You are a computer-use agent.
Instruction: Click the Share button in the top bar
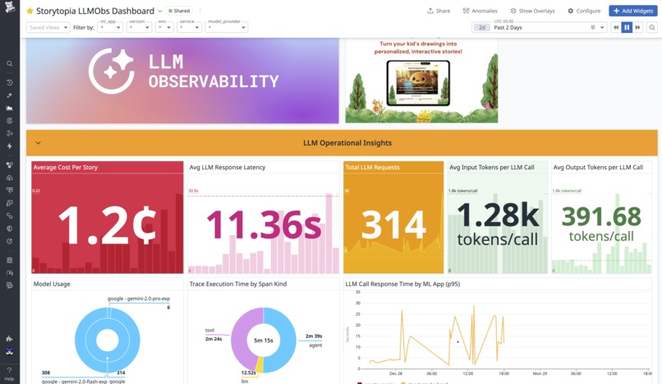point(439,11)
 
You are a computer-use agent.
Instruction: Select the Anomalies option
point(480,11)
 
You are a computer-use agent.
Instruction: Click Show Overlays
point(532,11)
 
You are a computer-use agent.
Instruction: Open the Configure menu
point(584,11)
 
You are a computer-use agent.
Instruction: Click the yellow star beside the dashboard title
point(30,12)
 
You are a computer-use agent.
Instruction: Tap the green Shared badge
point(179,12)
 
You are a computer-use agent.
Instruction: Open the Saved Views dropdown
point(48,27)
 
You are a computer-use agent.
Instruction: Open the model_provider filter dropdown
point(226,27)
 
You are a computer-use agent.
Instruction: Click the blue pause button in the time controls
point(627,27)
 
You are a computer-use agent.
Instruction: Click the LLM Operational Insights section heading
point(347,142)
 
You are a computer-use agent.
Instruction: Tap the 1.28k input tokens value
point(498,215)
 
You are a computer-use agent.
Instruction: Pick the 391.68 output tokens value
point(601,215)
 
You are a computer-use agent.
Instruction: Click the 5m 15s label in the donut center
point(263,340)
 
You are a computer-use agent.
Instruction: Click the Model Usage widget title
point(52,284)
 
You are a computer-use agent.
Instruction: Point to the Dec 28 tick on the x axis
point(396,372)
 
